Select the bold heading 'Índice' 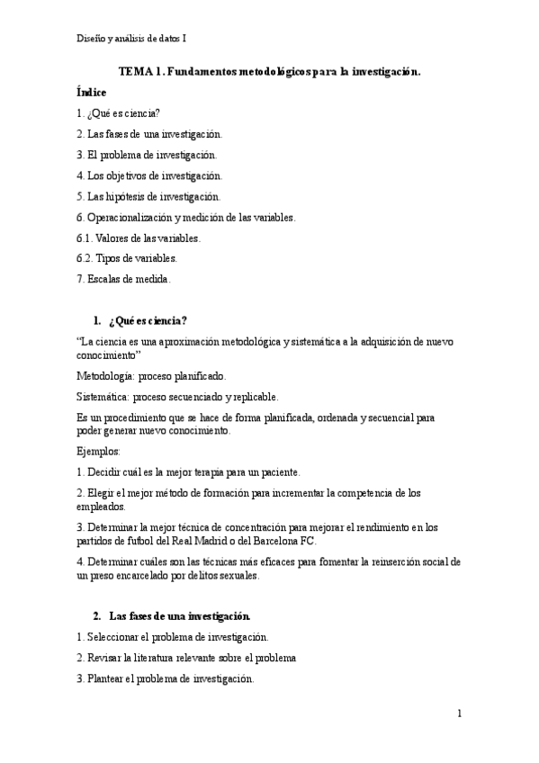tap(92, 93)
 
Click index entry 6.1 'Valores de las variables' tap(138, 238)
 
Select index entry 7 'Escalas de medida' tap(123, 279)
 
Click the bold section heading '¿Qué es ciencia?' tap(148, 320)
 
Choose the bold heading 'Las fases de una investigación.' tap(179, 616)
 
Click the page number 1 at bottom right tap(459, 713)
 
